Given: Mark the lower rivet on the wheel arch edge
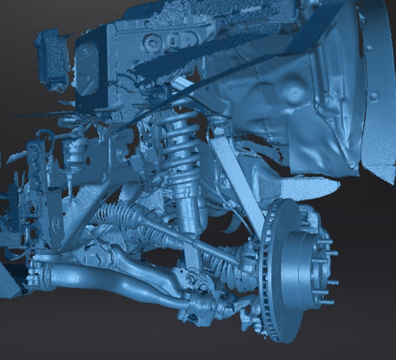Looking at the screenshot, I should click(374, 96).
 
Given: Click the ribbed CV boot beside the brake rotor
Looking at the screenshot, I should click(245, 260).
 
